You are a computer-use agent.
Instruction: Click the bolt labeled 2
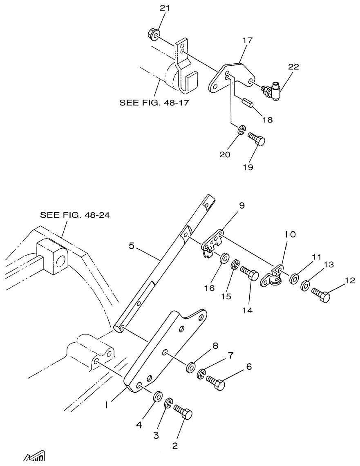pos(183,412)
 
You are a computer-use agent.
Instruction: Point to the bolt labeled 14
pos(249,273)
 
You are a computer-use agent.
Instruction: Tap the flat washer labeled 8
pos(191,367)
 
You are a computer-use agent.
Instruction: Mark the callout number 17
pos(247,40)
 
